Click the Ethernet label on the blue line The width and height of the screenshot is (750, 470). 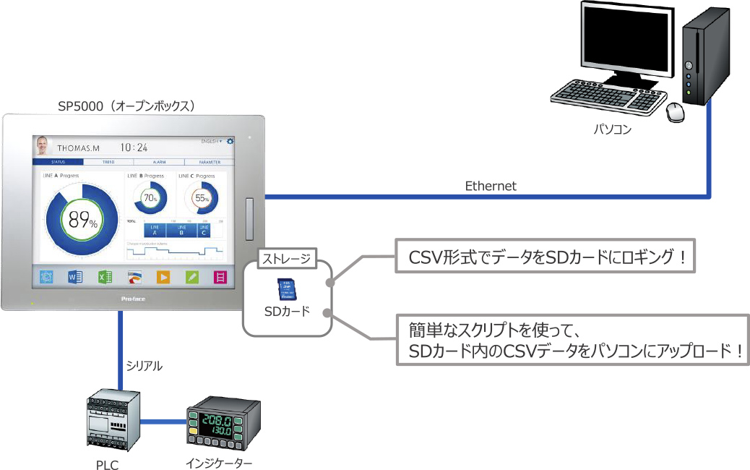tap(491, 186)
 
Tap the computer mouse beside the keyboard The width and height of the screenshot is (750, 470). tap(676, 111)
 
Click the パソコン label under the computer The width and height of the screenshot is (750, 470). tap(613, 130)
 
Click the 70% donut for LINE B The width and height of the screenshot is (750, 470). tap(150, 197)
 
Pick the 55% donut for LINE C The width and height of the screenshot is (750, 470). tap(202, 197)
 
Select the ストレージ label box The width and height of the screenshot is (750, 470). tap(286, 258)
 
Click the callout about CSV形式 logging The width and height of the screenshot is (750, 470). tap(546, 257)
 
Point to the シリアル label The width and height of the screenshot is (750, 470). tap(144, 367)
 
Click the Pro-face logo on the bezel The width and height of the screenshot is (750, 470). tap(130, 298)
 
